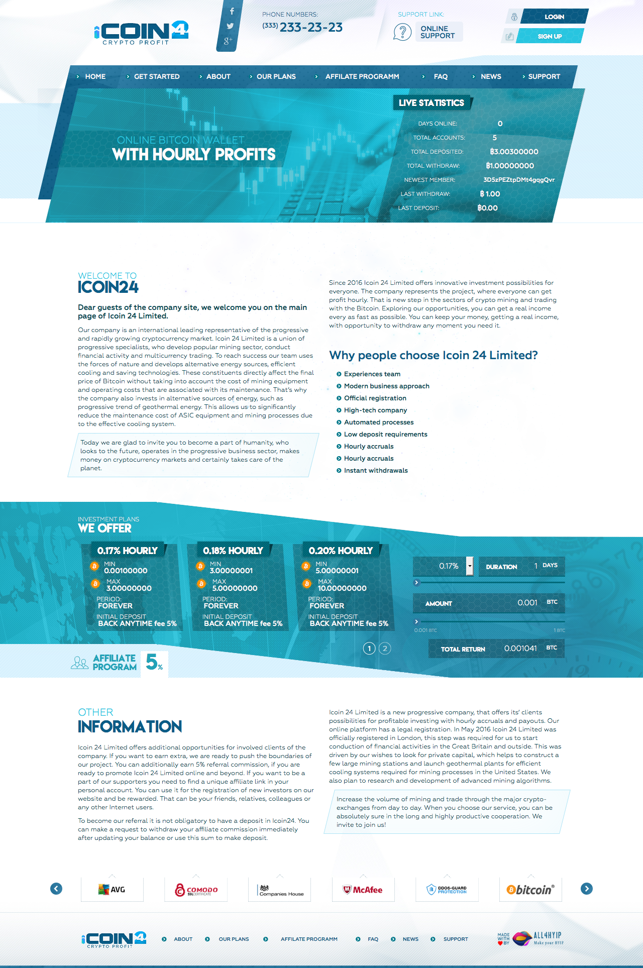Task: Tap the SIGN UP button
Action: [x=550, y=36]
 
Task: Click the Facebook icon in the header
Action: [x=232, y=11]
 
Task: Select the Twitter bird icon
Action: [x=230, y=26]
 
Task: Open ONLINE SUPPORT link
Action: [x=438, y=32]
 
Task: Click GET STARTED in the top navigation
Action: [x=156, y=76]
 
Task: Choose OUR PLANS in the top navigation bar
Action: [x=276, y=76]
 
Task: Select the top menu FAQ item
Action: [x=441, y=76]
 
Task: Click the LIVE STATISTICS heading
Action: [x=431, y=103]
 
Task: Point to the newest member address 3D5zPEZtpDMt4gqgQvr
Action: [x=519, y=180]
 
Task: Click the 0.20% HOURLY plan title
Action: [x=341, y=551]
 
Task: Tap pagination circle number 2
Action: [x=385, y=649]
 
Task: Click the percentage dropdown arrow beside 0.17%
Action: [x=470, y=566]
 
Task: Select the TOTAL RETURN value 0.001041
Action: [x=520, y=649]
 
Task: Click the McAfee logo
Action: [x=363, y=890]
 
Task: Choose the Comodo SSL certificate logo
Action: [x=196, y=890]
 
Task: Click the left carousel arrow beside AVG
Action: [x=56, y=889]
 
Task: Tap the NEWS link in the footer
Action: [x=410, y=939]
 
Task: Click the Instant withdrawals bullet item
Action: [x=376, y=471]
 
